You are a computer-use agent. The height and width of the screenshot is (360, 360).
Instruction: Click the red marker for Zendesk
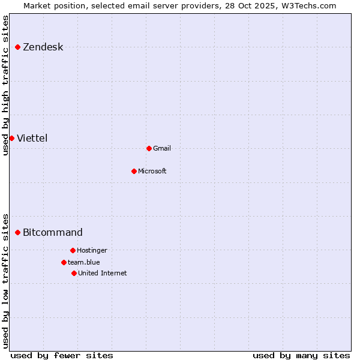click(x=18, y=47)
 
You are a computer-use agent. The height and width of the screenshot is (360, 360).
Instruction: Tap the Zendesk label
click(x=43, y=47)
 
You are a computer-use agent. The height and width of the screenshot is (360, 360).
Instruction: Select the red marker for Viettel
click(x=11, y=138)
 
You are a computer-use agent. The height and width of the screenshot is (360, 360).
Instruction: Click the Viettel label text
click(x=32, y=139)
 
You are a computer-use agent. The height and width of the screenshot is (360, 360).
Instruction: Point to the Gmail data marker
click(x=149, y=148)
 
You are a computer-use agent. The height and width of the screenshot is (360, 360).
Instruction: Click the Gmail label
click(x=162, y=149)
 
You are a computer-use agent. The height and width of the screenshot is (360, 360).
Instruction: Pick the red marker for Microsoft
click(x=134, y=171)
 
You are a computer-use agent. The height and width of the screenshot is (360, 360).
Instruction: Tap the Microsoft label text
click(x=152, y=172)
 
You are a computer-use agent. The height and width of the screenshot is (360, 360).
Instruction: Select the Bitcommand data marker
click(x=18, y=232)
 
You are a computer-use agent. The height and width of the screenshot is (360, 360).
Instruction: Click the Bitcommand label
click(x=53, y=233)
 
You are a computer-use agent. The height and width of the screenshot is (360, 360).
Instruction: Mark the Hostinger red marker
click(x=73, y=250)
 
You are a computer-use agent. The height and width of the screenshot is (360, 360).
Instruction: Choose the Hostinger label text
click(x=92, y=251)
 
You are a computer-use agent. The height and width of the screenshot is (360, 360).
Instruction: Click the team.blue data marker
click(x=64, y=262)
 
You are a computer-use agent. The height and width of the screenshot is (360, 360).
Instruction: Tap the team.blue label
click(x=83, y=262)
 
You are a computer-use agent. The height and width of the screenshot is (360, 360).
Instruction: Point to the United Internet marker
click(x=74, y=273)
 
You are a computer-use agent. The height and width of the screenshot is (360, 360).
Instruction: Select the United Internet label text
click(x=102, y=274)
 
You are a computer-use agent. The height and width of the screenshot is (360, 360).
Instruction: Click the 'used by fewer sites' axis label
click(x=62, y=355)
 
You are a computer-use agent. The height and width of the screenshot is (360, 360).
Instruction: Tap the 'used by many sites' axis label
click(x=301, y=355)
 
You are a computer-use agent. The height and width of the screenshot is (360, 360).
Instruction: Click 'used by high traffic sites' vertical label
click(x=6, y=85)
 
